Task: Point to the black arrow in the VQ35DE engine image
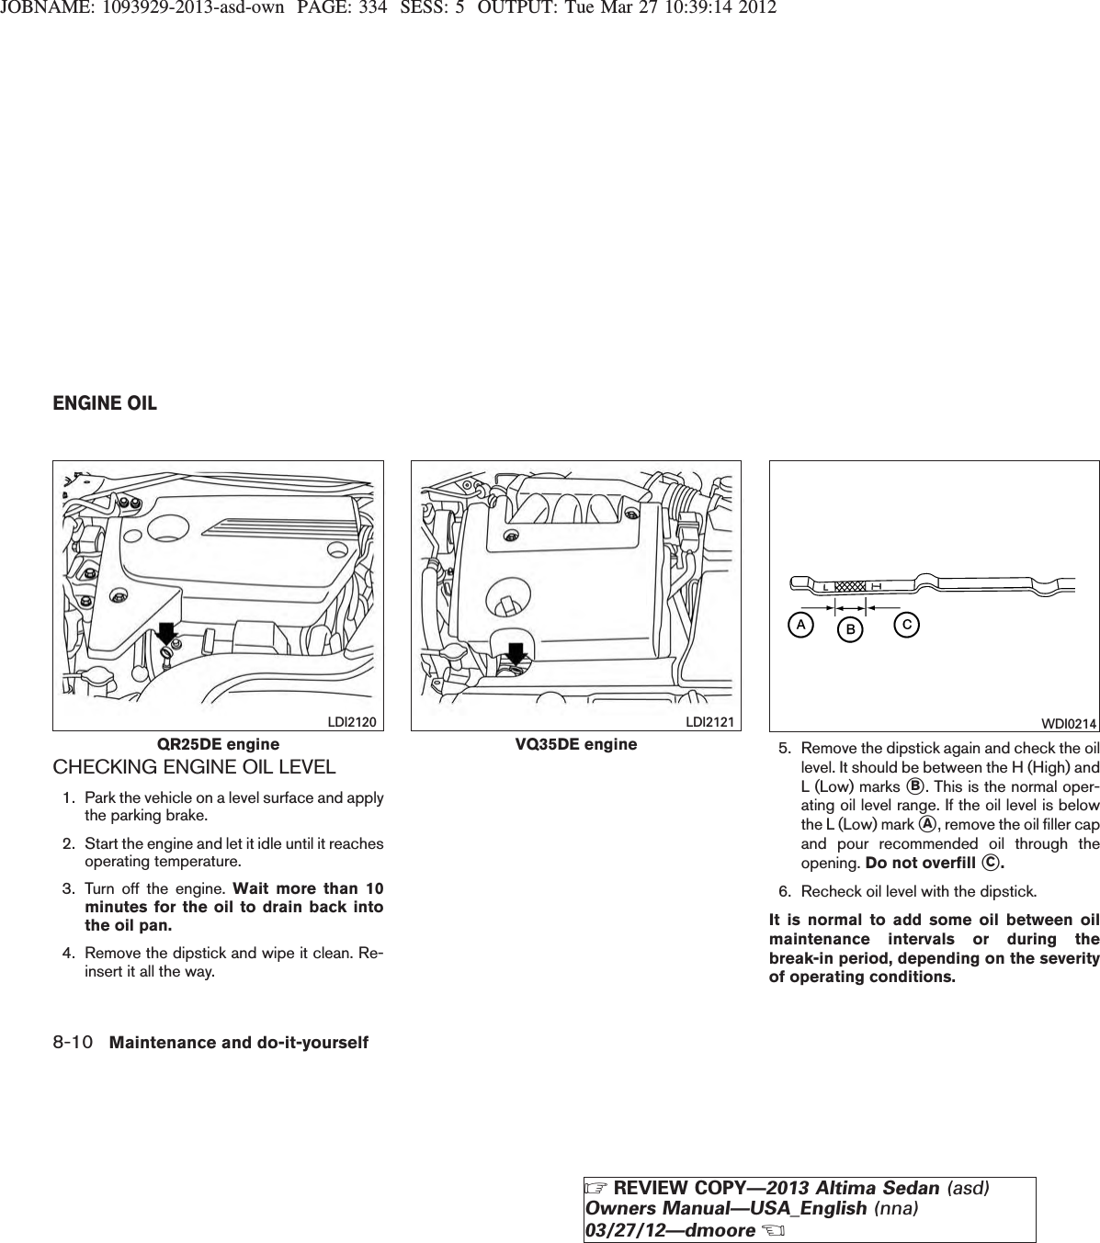516,651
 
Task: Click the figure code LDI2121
711,723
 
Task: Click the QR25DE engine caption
219,743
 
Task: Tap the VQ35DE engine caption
576,743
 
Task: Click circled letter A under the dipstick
800,624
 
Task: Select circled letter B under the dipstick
851,630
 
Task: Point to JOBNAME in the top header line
44,8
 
